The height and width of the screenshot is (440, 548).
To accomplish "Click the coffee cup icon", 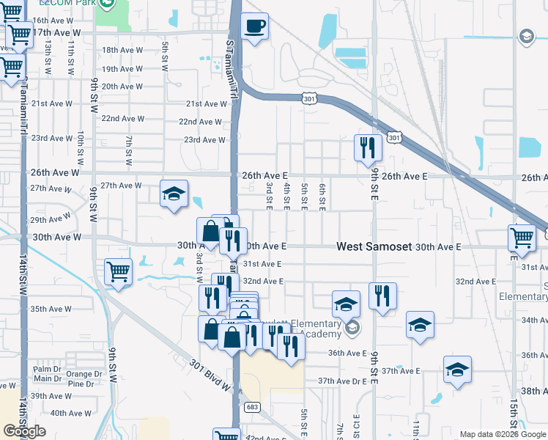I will tap(254, 26).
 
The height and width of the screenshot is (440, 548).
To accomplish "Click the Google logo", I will tap(24, 431).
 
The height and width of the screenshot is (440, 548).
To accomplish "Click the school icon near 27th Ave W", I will tap(174, 194).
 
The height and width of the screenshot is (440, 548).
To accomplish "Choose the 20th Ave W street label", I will tap(122, 86).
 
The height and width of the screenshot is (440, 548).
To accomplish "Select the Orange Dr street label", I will tap(84, 374).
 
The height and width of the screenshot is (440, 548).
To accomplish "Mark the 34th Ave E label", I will tap(534, 320).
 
